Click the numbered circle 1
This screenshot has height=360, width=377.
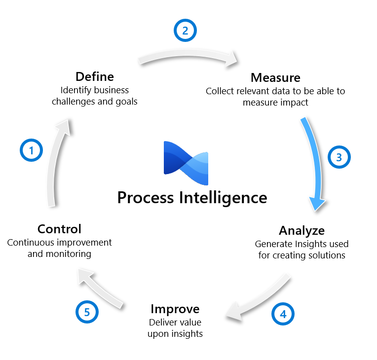32,150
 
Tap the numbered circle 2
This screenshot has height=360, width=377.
185,31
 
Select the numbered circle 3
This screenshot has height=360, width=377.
339,157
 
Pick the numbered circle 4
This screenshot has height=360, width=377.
283,314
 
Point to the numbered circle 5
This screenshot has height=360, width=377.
87,312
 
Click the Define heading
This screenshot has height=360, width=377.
95,77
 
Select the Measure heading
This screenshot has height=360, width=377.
275,77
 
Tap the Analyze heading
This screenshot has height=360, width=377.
302,230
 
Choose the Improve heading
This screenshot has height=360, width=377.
175,309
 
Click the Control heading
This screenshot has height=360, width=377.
59,229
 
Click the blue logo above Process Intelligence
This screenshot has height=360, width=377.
186,158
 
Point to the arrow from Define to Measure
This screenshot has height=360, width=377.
188,56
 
